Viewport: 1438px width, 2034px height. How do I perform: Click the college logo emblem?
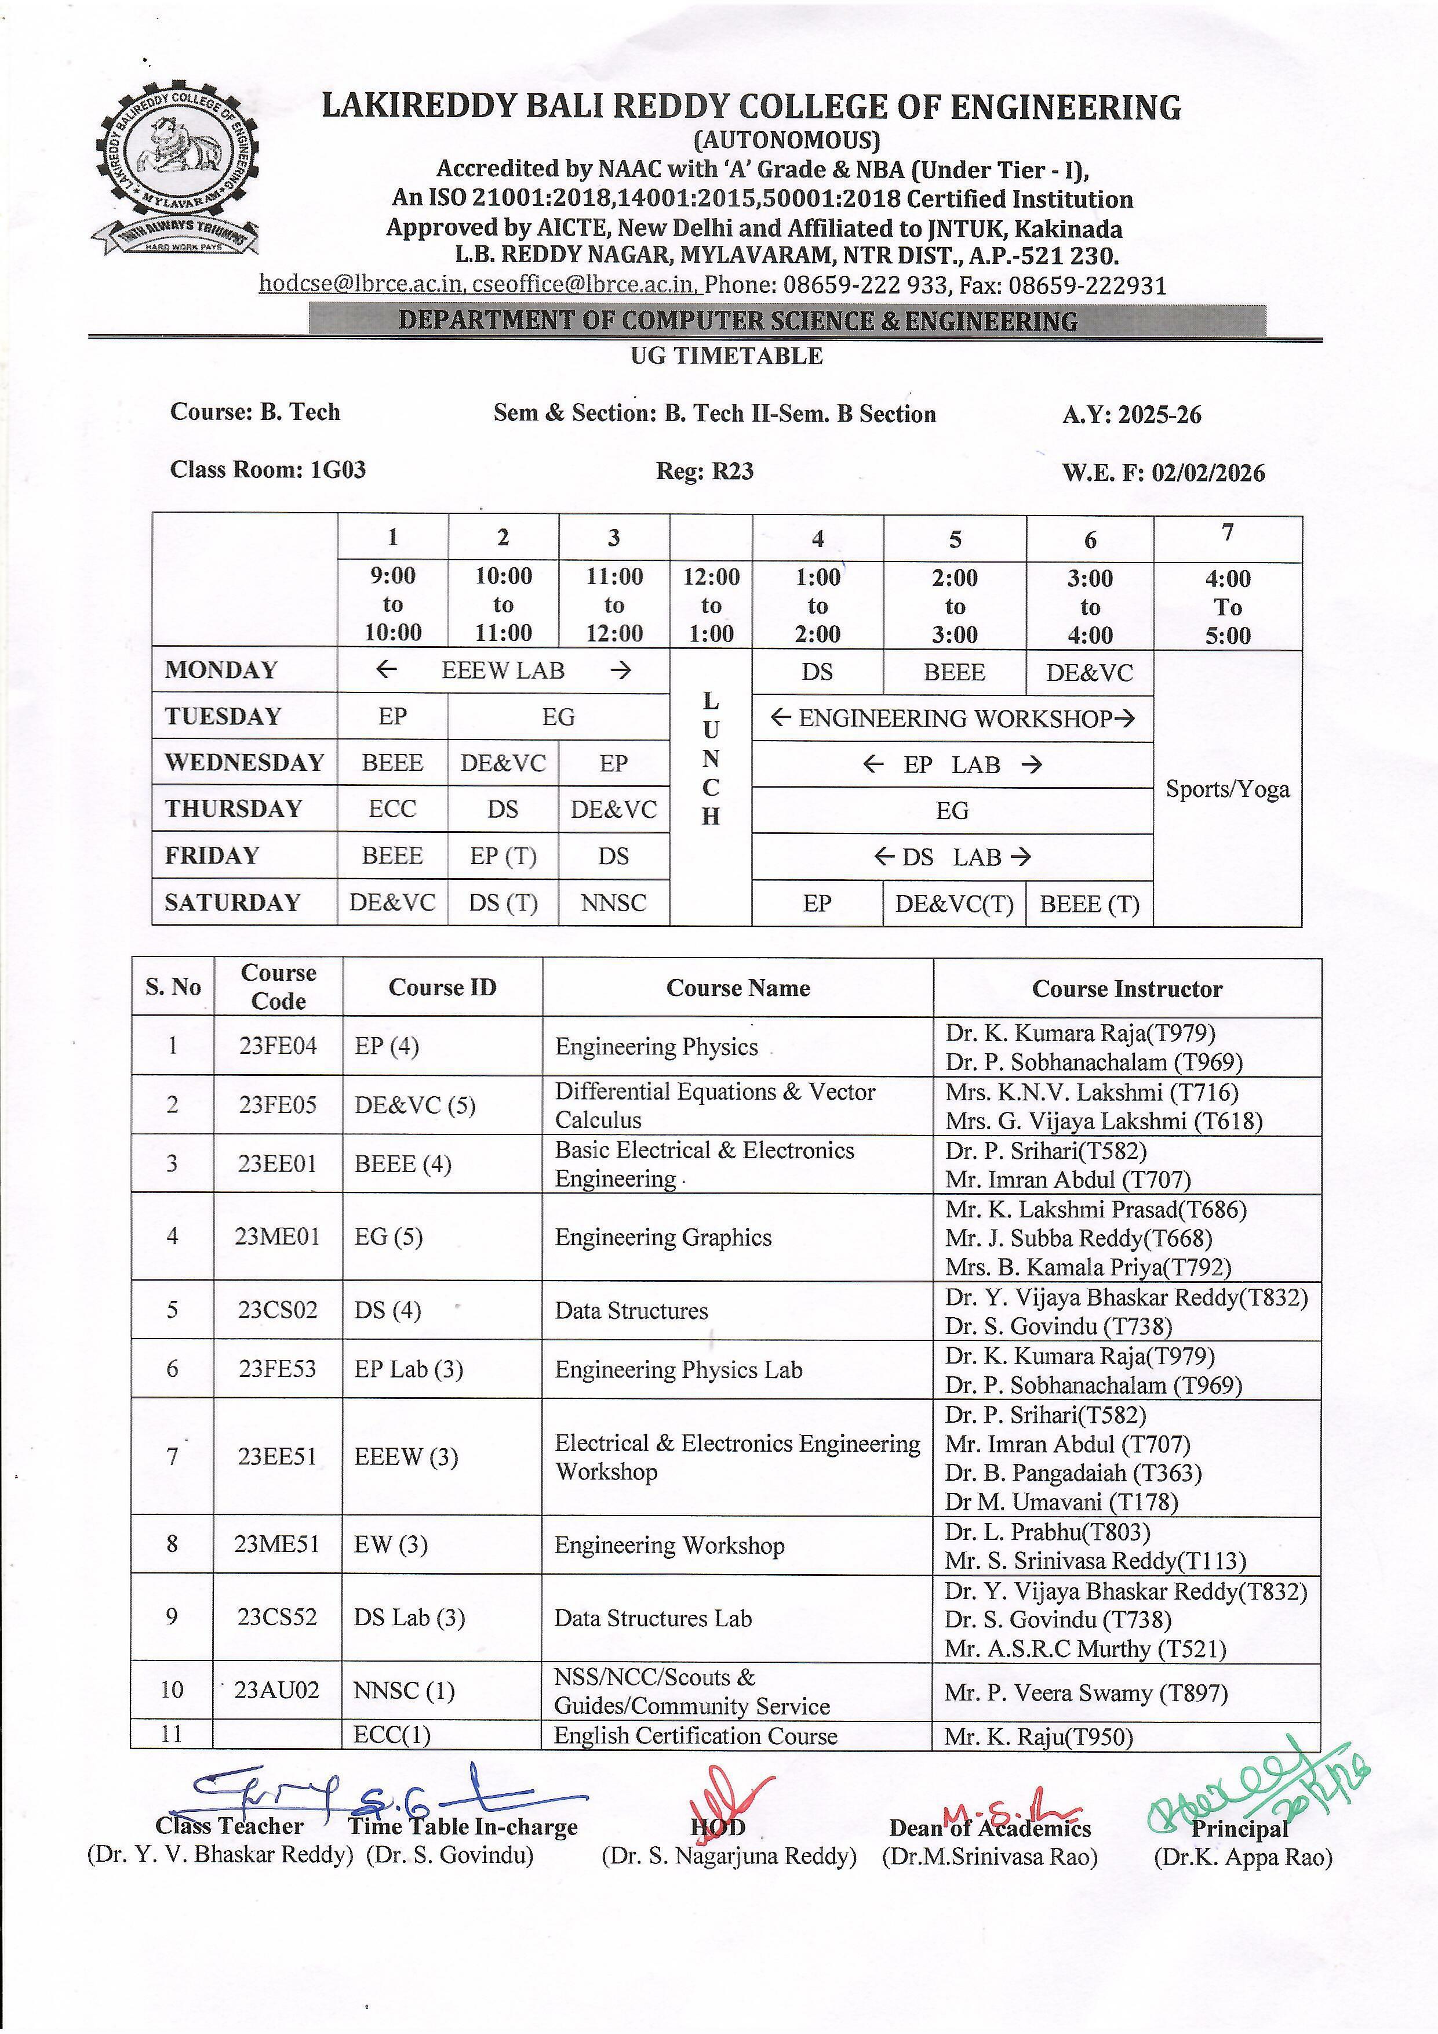click(x=175, y=168)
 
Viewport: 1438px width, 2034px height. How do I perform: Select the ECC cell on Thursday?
click(x=392, y=809)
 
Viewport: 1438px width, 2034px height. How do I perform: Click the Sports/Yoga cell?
click(x=1227, y=788)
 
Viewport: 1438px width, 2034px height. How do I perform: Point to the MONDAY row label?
click(x=221, y=670)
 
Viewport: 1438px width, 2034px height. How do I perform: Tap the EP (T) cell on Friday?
click(x=503, y=856)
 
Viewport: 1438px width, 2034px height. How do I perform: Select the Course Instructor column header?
click(x=1126, y=989)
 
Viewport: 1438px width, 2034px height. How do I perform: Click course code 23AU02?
click(x=276, y=1690)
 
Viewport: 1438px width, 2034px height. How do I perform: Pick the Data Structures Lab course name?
click(x=653, y=1619)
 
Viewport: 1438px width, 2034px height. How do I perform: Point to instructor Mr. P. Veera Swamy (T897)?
click(x=1086, y=1693)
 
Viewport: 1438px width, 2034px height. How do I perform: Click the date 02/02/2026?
click(x=1208, y=472)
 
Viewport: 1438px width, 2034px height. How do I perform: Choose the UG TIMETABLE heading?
click(x=726, y=356)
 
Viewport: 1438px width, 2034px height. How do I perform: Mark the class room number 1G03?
click(x=337, y=470)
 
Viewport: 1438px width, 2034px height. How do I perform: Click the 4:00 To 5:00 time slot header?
click(x=1227, y=607)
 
